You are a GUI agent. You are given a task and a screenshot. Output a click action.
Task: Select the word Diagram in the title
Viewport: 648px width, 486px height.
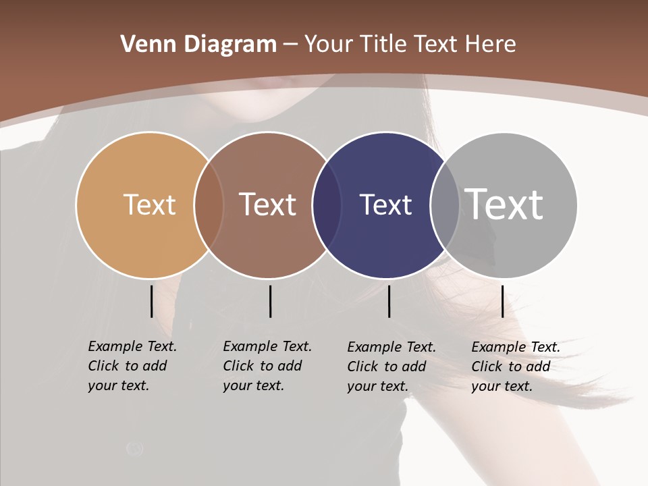(230, 44)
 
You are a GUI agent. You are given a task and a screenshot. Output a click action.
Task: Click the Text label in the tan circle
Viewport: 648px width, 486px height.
(149, 205)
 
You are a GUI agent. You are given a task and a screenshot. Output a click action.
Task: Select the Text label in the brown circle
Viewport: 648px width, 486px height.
(268, 205)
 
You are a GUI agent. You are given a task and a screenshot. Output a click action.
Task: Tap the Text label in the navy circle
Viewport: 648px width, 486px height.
(385, 205)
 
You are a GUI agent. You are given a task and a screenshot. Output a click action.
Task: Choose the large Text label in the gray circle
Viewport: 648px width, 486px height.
(504, 204)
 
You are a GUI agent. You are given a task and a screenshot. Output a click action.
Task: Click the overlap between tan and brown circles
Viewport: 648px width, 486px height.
(209, 205)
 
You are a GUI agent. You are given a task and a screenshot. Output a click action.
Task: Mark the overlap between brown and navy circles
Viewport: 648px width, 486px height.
(327, 205)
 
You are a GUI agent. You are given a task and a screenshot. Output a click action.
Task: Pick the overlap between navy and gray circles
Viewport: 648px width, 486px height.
(445, 205)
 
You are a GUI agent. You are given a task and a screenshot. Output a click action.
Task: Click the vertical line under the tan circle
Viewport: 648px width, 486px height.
(151, 301)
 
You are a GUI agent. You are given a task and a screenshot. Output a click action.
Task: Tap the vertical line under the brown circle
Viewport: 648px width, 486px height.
(270, 301)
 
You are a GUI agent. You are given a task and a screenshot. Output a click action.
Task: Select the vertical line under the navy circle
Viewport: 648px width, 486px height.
(389, 301)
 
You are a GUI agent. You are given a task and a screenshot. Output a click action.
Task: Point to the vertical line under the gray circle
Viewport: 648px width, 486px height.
(502, 301)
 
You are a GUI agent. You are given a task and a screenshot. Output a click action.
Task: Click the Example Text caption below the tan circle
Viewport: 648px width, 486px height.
(132, 366)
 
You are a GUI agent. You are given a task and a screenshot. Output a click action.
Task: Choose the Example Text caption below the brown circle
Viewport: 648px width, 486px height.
(267, 366)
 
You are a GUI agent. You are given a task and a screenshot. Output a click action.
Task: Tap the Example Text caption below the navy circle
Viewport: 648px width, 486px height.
(391, 367)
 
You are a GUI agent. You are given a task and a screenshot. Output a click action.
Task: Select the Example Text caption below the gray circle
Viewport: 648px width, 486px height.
(516, 367)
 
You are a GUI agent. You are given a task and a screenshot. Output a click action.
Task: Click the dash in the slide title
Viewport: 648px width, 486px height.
(290, 45)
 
